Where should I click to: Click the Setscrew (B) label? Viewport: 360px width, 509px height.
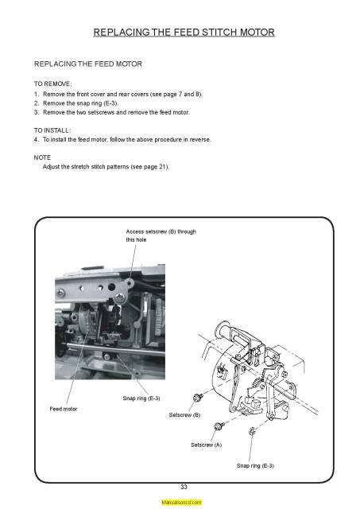pyautogui.click(x=184, y=415)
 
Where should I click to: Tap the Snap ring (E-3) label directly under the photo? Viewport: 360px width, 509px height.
pyautogui.click(x=141, y=398)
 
